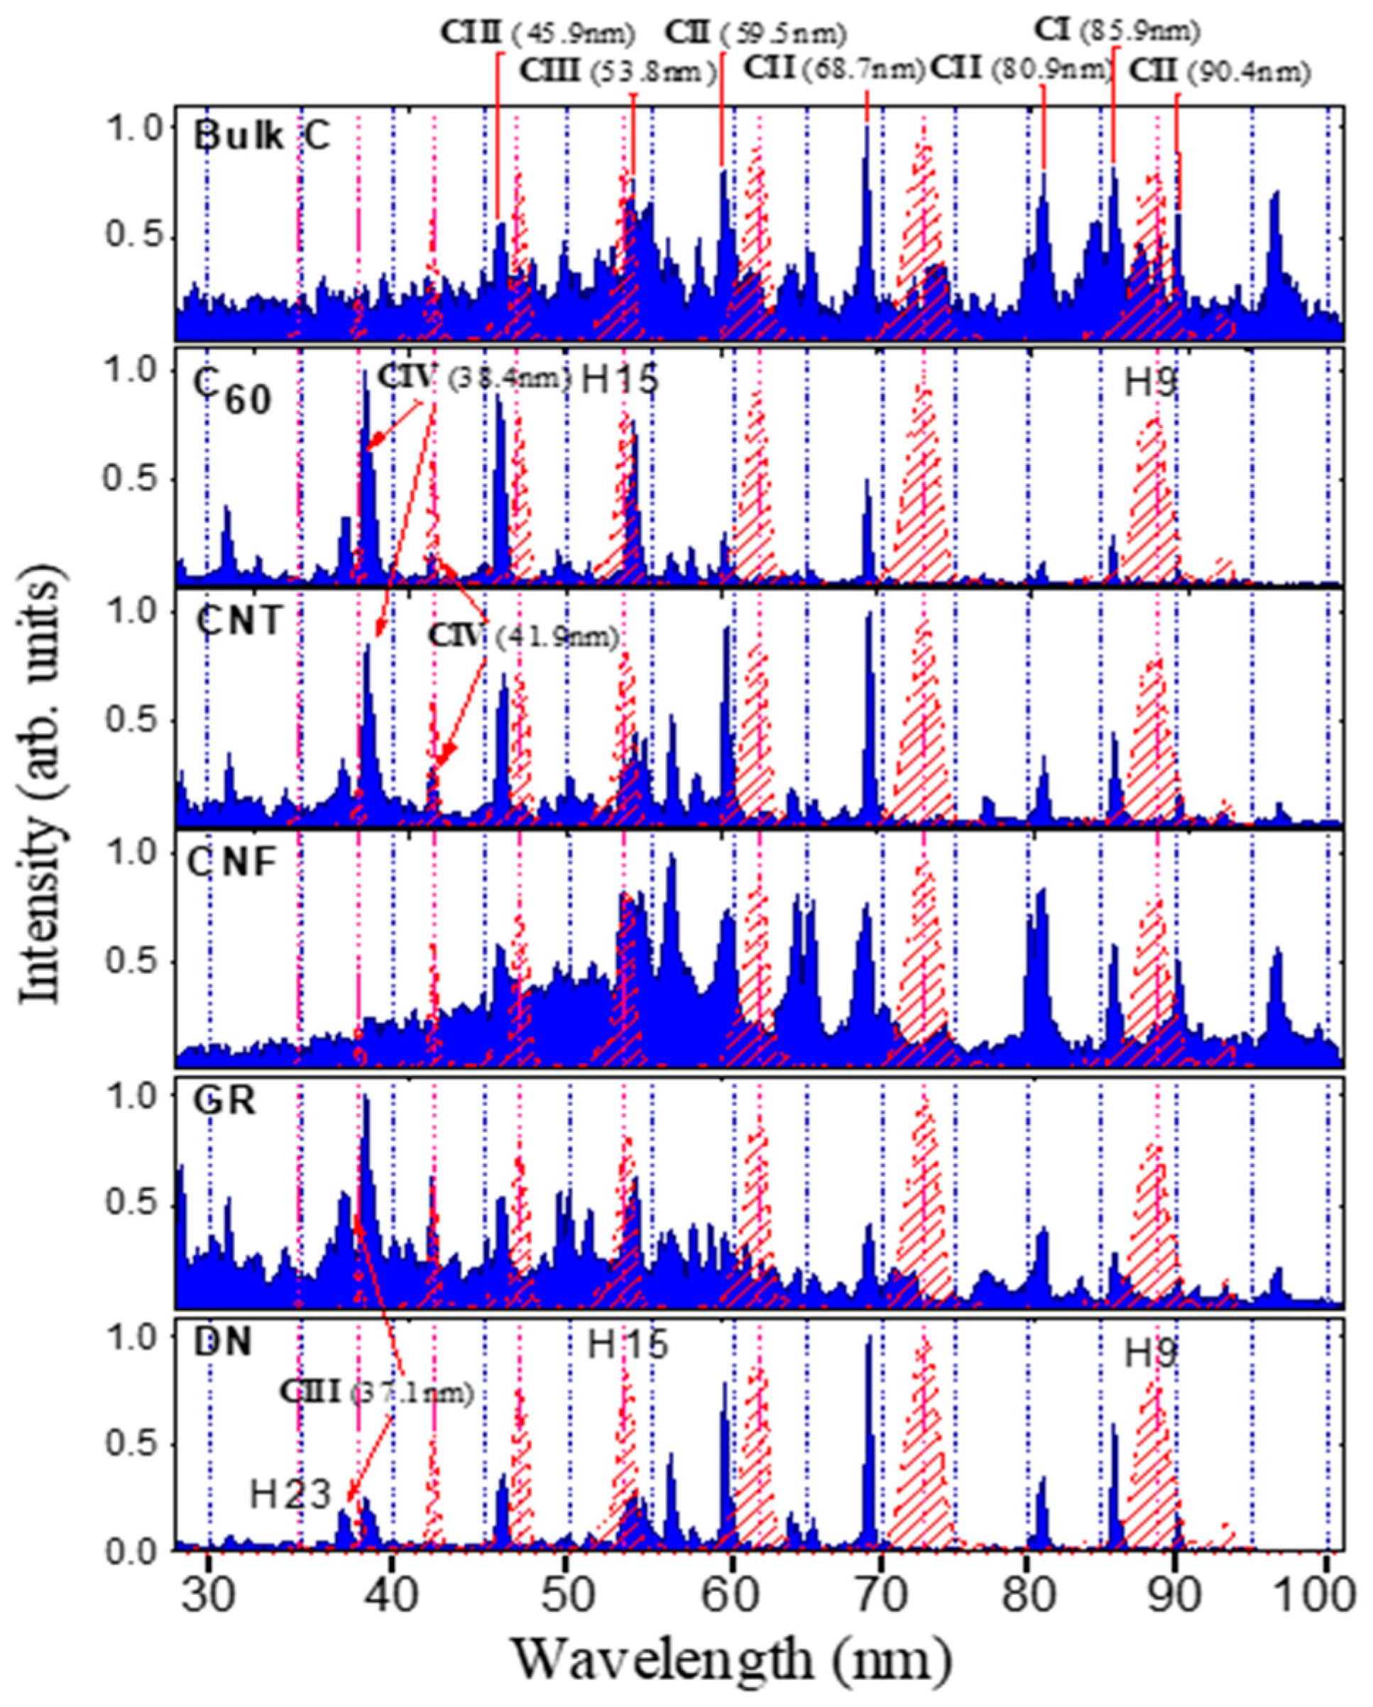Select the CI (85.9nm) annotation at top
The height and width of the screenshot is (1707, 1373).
click(x=1117, y=32)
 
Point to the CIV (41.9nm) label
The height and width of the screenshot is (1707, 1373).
click(x=523, y=637)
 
